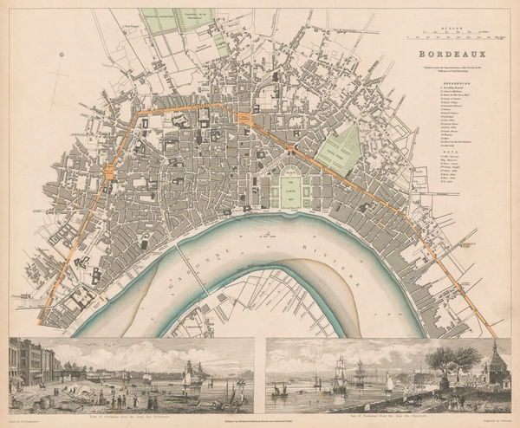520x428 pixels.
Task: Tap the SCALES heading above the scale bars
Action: [x=452, y=28]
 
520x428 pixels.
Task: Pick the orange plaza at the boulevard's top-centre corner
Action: [x=245, y=119]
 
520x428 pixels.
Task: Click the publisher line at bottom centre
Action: [x=260, y=417]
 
